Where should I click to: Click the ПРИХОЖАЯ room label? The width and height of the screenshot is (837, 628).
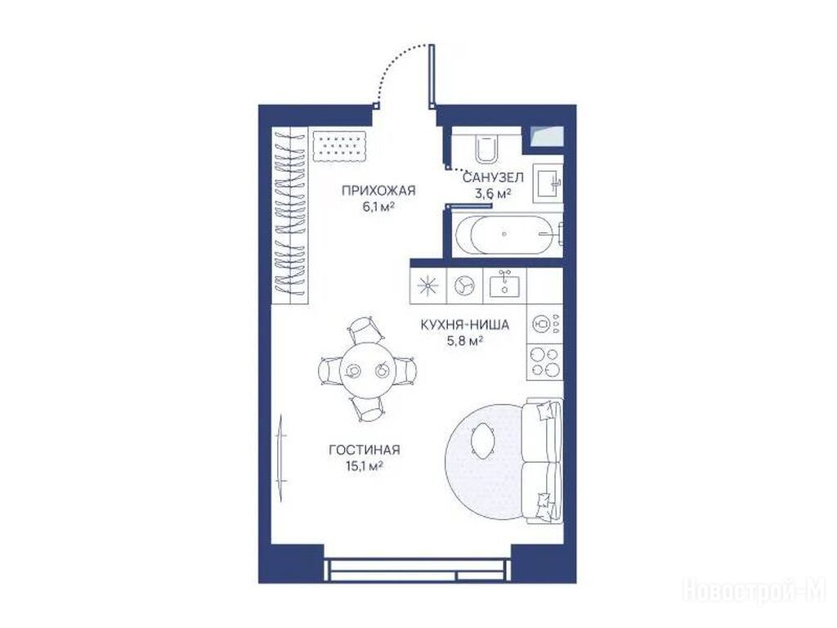(378, 190)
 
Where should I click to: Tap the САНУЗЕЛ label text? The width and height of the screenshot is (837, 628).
(493, 177)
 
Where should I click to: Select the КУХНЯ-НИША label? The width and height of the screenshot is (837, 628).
(464, 325)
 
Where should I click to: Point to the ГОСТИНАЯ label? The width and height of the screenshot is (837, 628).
(365, 451)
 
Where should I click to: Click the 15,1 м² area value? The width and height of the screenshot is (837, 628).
(365, 466)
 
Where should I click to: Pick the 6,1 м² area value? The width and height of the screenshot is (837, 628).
(378, 207)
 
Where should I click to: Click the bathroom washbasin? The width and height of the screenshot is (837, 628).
(548, 182)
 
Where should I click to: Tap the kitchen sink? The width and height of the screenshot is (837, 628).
(504, 284)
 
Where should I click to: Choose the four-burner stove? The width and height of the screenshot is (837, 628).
(544, 361)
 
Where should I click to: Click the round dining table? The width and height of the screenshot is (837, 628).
(368, 370)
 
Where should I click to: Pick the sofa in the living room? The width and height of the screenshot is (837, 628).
(543, 460)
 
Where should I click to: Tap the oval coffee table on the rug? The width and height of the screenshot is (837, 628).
(483, 439)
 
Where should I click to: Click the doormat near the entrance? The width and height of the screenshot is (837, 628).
(339, 146)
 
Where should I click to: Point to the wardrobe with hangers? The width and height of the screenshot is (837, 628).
(290, 215)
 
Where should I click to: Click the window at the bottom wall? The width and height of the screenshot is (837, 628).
(418, 569)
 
